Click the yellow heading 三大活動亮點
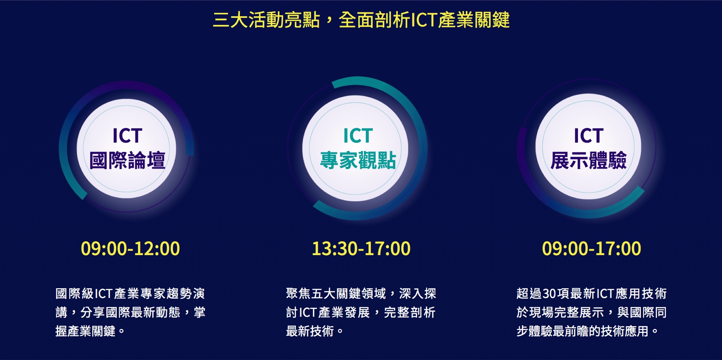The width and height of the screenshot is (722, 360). [266, 20]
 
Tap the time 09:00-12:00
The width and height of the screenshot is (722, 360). [130, 248]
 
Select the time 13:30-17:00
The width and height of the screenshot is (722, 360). [361, 248]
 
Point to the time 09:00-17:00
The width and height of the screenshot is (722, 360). [591, 248]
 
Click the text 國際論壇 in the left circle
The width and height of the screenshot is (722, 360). [127, 160]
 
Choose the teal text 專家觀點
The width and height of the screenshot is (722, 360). [358, 160]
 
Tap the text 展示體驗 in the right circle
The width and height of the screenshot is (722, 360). [588, 160]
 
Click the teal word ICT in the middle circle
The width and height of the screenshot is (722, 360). [358, 136]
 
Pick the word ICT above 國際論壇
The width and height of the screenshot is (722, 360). [127, 136]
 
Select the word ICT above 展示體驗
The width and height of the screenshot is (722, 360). [588, 136]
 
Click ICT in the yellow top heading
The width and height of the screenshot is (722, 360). [424, 20]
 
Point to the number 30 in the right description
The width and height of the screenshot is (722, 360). [549, 294]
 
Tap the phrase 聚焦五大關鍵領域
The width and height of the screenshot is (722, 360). [336, 294]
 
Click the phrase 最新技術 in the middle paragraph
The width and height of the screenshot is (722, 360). [310, 331]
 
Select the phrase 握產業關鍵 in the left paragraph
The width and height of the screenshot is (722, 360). [85, 331]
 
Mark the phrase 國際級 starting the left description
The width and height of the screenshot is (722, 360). [74, 294]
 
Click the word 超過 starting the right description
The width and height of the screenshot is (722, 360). [529, 294]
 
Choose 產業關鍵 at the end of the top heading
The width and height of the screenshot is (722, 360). [474, 20]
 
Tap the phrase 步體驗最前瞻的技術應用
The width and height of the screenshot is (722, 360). [582, 331]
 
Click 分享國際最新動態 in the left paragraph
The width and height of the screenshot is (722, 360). [130, 312]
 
